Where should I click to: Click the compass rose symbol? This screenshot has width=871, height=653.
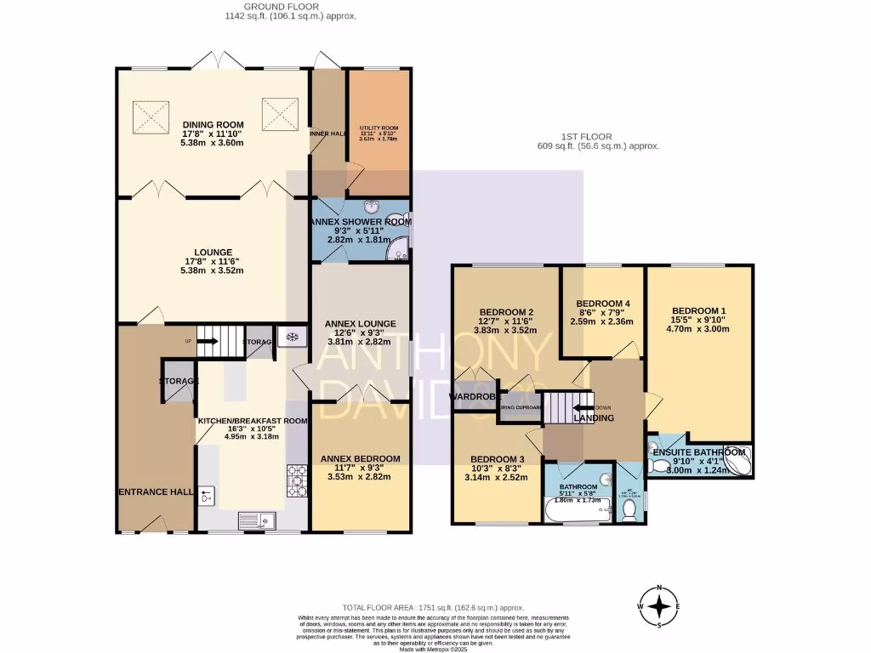(x=659, y=605)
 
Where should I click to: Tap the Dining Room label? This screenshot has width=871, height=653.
(x=213, y=125)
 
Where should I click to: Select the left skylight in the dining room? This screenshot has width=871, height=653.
(x=148, y=111)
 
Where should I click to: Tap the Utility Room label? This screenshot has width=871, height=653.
(x=379, y=132)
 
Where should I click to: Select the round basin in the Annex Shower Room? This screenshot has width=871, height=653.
(x=372, y=206)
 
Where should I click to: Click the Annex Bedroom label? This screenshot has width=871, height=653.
(x=360, y=459)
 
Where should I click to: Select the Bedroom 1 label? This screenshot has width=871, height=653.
(x=699, y=309)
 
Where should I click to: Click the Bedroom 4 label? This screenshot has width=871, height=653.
(x=602, y=304)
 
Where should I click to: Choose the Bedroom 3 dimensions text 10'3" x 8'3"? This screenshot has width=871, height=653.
(x=498, y=468)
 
